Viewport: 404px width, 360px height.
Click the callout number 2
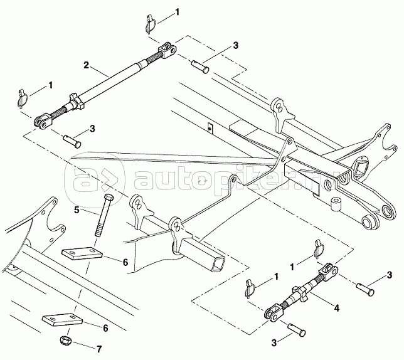tap(87, 65)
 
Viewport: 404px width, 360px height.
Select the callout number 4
tap(337, 308)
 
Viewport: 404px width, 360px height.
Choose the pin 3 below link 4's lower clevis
tap(296, 328)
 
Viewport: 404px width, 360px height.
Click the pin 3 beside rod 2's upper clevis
tap(201, 63)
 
